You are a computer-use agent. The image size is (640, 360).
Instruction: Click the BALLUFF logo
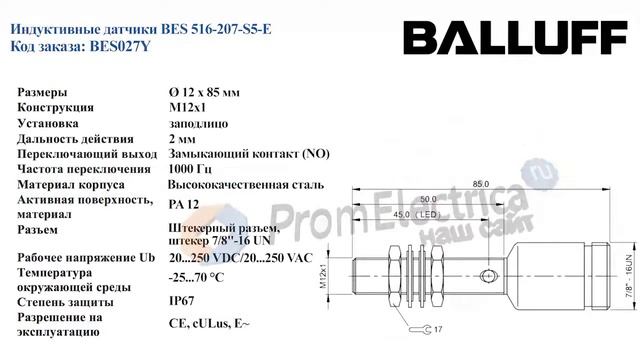pos(516,38)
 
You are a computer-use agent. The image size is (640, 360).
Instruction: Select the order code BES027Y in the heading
pos(120,47)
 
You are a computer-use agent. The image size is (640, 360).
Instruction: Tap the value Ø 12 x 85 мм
pos(204,92)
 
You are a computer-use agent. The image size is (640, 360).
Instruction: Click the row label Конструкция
pos(56,107)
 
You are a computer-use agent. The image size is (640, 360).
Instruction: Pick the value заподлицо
pos(198,124)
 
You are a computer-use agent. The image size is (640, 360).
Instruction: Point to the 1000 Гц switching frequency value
pos(190,169)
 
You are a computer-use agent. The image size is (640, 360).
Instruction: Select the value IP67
pos(182,301)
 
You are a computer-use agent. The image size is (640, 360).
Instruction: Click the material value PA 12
pos(184,204)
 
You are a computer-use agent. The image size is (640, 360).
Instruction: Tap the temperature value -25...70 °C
pos(196,278)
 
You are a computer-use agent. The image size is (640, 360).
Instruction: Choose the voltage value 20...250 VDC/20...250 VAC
pos(241,258)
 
